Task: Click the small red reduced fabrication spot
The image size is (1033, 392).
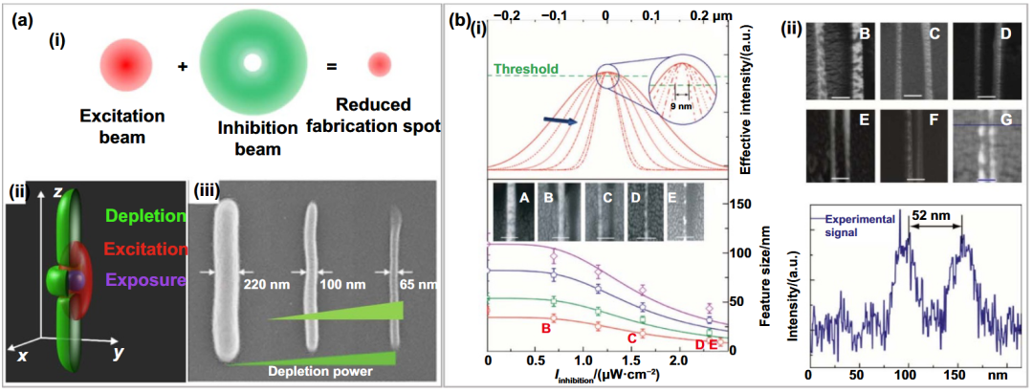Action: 380,65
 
